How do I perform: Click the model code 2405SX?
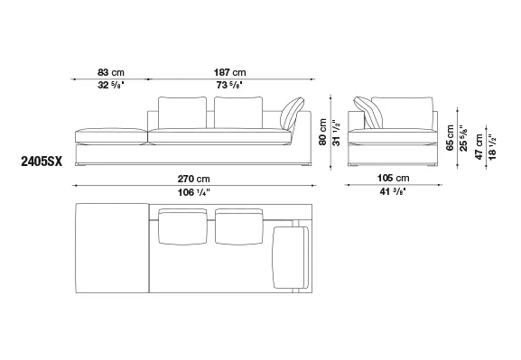[x=42, y=162]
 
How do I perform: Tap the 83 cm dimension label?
[x=111, y=72]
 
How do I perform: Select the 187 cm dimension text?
[x=229, y=72]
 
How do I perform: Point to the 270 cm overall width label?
[x=194, y=179]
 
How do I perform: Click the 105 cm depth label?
[x=393, y=178]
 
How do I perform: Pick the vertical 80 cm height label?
[x=322, y=132]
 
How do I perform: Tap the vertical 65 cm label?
[x=450, y=138]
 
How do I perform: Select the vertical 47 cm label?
[x=479, y=147]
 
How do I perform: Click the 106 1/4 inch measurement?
[x=194, y=192]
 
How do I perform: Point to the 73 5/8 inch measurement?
[x=229, y=85]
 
